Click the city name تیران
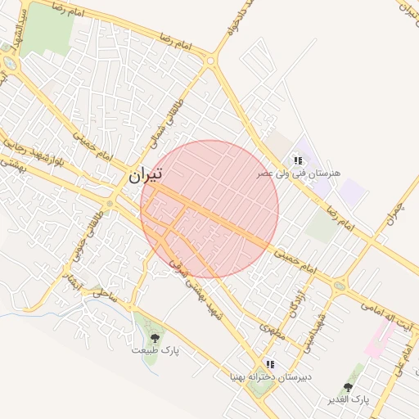point(146,173)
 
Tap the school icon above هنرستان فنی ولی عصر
point(298,160)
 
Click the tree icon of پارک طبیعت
point(155,337)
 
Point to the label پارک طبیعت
point(155,350)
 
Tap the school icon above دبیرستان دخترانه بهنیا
point(270,364)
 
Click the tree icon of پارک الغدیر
point(349,387)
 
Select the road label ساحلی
point(104,293)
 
